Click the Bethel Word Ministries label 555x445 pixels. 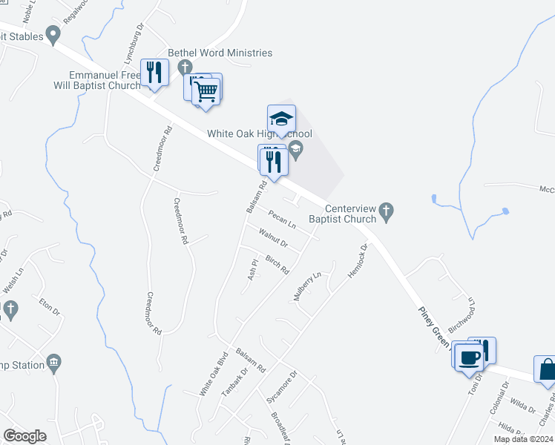click(x=220, y=53)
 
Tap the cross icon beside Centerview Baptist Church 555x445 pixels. click(x=385, y=213)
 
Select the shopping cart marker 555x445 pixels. click(x=206, y=91)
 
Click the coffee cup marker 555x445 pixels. click(x=468, y=357)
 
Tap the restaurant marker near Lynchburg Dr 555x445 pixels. click(x=154, y=72)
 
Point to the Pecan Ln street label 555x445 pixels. click(x=283, y=220)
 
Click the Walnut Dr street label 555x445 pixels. click(x=273, y=239)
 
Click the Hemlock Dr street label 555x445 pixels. click(x=354, y=261)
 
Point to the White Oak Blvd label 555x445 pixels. click(x=211, y=373)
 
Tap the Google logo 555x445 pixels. click(x=25, y=436)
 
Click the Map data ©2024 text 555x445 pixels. click(x=522, y=439)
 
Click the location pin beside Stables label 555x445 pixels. click(x=53, y=33)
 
